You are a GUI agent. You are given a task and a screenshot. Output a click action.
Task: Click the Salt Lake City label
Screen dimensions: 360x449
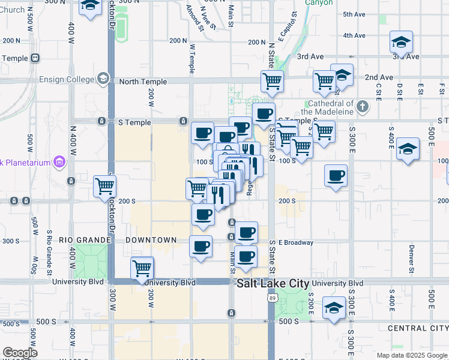tap(273, 283)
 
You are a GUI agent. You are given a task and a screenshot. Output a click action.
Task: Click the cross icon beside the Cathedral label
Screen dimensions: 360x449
tap(361, 107)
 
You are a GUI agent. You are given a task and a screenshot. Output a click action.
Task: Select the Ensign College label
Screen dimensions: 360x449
tap(67, 79)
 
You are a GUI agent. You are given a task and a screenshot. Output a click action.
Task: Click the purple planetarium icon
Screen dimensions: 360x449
tap(58, 161)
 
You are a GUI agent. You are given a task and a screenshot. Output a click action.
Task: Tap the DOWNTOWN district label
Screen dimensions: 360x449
tap(151, 240)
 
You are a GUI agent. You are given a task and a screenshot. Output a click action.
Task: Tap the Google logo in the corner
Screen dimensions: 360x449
tap(20, 353)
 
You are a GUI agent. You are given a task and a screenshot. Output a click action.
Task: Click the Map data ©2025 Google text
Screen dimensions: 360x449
tap(412, 355)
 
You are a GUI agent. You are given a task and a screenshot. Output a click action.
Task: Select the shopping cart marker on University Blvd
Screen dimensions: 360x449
tap(142, 268)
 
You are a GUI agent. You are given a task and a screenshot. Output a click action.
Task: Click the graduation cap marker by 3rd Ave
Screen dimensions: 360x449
tap(401, 42)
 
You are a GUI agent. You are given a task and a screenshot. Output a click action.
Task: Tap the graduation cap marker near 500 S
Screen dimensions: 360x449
tap(334, 308)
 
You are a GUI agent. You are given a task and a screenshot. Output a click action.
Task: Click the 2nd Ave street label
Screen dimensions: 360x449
tap(379, 77)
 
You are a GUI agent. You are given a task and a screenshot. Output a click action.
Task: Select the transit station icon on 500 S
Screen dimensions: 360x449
tap(231, 313)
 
